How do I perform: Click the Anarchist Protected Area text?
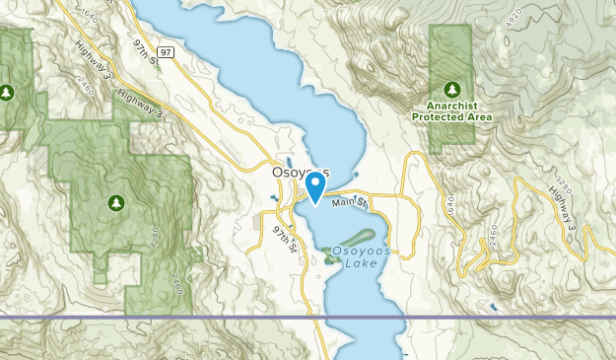tap(452, 109)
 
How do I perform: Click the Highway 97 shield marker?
tap(167, 51)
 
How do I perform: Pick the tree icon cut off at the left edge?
tap(6, 93)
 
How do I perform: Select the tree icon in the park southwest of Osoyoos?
tap(116, 203)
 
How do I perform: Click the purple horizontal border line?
tap(197, 318)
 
